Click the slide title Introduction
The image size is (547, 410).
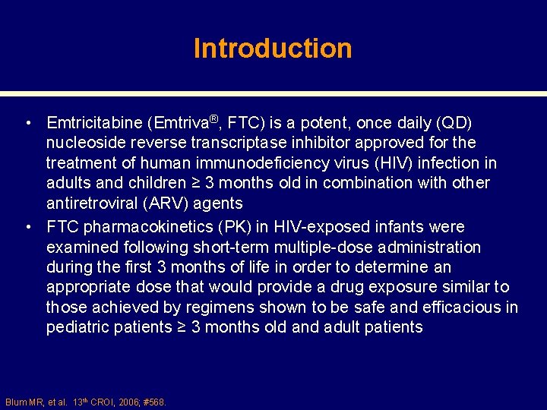tap(273, 49)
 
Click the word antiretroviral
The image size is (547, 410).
tap(92, 203)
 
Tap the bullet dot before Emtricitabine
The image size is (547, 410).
tap(27, 123)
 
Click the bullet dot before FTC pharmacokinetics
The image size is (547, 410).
tap(27, 228)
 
